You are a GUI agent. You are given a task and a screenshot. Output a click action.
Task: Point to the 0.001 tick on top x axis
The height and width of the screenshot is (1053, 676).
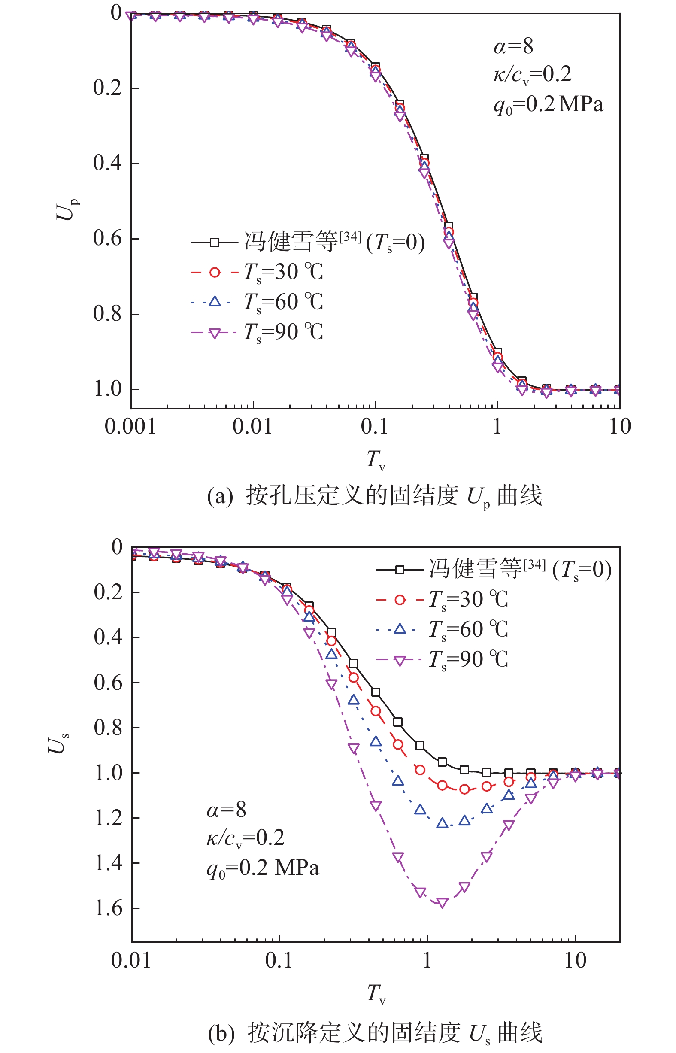(130, 426)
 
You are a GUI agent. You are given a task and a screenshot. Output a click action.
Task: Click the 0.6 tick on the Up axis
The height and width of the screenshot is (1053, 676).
(108, 238)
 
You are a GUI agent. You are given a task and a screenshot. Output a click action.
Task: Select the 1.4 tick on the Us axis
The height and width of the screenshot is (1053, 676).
(109, 863)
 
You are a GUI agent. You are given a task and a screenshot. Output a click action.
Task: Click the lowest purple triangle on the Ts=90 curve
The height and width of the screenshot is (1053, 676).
(442, 903)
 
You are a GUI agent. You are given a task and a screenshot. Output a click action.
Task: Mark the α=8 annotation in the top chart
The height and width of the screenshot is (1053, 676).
(513, 46)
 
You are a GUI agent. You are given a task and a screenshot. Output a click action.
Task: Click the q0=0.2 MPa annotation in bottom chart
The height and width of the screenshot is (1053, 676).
(263, 869)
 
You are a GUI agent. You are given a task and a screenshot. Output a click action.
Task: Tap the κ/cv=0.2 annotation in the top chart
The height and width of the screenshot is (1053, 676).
(533, 74)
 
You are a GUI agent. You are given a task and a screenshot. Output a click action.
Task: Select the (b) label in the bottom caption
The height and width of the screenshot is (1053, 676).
(221, 1033)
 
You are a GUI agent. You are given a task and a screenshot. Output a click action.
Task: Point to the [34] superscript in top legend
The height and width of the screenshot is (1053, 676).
(350, 237)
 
